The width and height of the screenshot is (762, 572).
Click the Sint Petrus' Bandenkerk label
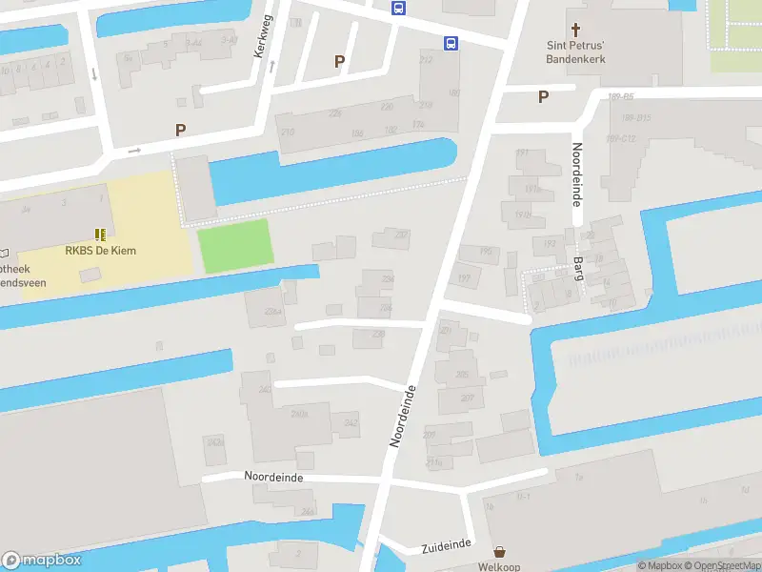[575, 51]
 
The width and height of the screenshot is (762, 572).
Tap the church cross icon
[575, 30]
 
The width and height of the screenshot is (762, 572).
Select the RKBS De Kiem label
[100, 251]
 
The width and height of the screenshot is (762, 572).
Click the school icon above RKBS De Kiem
[100, 234]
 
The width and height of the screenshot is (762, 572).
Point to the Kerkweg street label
[263, 36]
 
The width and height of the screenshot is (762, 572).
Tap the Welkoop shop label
[499, 566]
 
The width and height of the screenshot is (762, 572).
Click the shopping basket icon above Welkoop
[499, 552]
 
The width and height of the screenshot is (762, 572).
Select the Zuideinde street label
[446, 543]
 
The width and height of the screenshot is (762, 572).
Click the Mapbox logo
[41, 561]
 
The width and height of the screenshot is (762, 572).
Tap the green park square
[234, 245]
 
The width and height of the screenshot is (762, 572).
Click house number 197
[464, 278]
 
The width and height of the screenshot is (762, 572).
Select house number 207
[467, 398]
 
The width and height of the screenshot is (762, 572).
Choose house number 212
[426, 60]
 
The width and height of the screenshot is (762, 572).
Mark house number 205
[462, 375]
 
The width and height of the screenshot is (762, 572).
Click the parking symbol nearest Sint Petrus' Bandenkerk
[544, 96]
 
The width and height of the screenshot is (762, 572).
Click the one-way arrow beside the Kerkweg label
[272, 65]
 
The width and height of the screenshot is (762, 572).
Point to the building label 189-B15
[635, 118]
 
